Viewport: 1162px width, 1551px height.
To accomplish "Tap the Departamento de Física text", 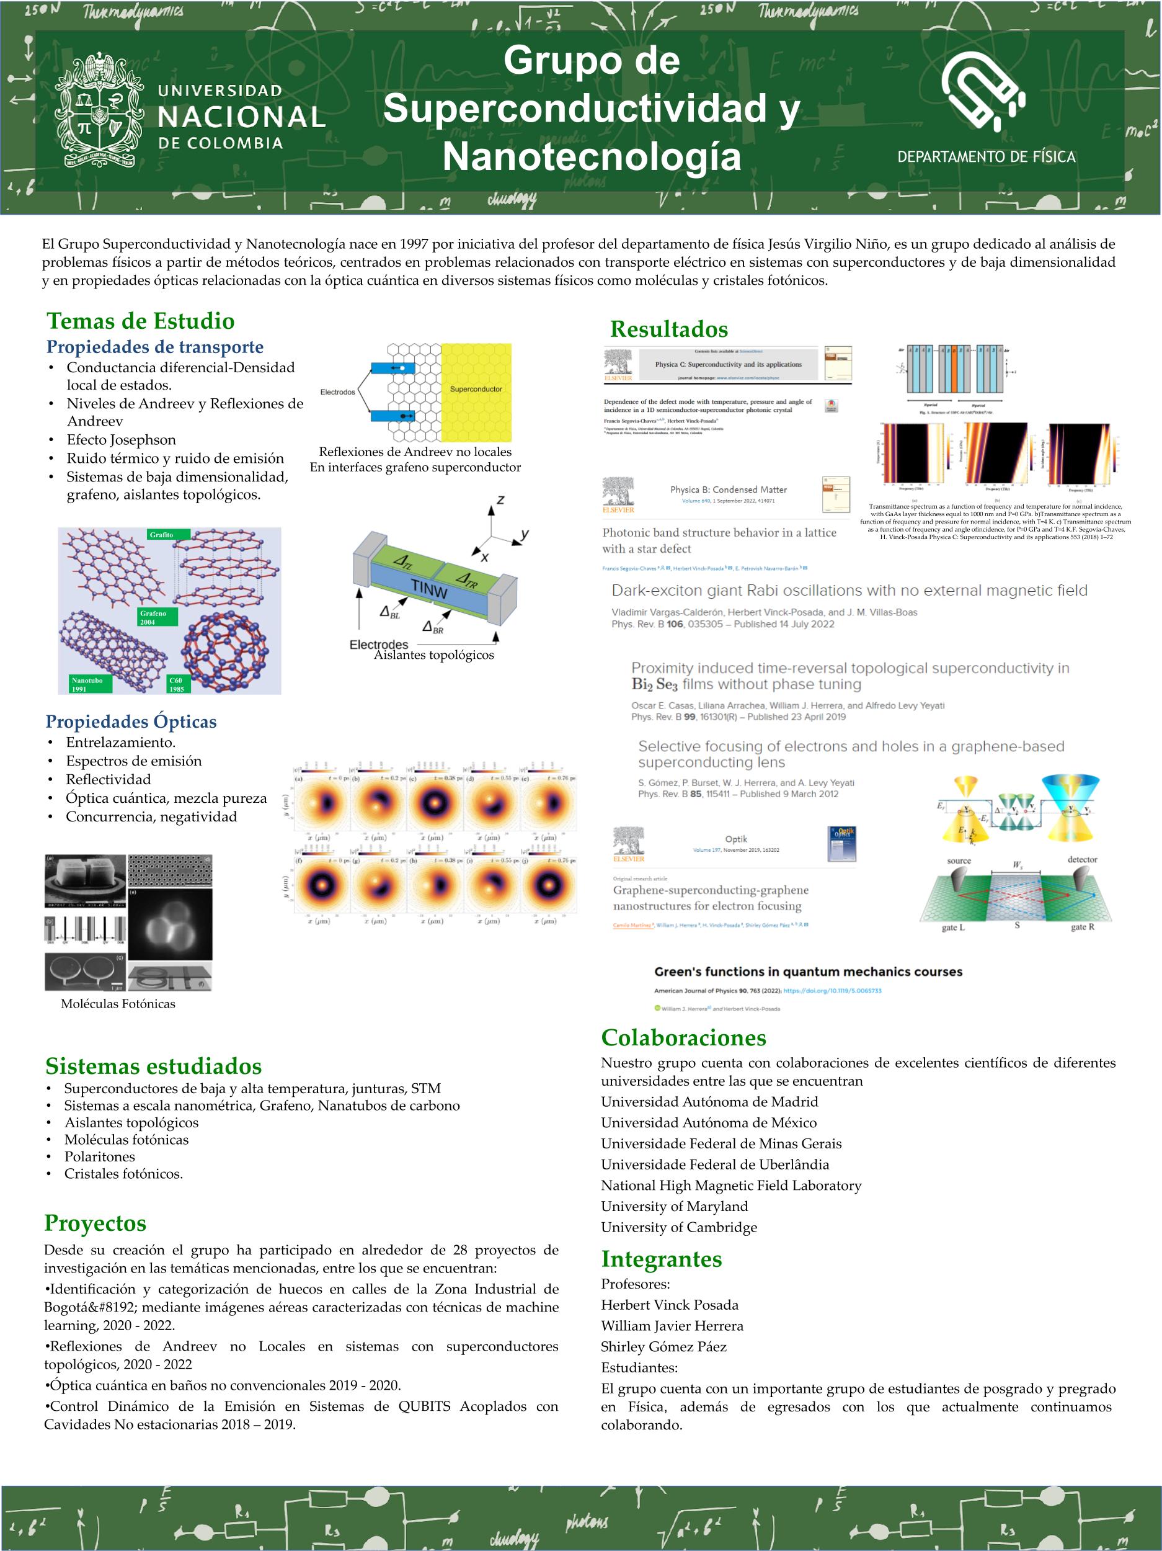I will (x=986, y=157).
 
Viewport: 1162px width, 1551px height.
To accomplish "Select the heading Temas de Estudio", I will (x=140, y=321).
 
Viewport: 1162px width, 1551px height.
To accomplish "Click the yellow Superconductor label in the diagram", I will (x=476, y=389).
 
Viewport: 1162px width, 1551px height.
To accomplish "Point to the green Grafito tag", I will (x=161, y=535).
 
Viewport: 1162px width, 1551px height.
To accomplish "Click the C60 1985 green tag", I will (x=178, y=684).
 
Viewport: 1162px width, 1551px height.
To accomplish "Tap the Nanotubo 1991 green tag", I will (x=90, y=684).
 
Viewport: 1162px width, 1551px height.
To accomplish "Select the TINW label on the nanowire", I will (x=428, y=588).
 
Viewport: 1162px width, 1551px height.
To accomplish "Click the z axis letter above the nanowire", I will (x=500, y=500).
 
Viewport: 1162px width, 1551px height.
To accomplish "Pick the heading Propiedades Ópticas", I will (x=131, y=722).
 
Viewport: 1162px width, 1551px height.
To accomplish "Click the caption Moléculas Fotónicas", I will (x=118, y=1003).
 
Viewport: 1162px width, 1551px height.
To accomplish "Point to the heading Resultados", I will (x=668, y=329).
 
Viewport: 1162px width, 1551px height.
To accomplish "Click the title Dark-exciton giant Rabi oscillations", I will (x=849, y=591).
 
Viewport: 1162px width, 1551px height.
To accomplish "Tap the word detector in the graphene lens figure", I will (x=1082, y=860).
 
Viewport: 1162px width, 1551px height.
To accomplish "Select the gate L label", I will (x=953, y=927).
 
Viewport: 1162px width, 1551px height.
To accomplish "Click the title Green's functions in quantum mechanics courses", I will (x=808, y=972).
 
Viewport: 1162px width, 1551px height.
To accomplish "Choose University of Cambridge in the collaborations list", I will (x=678, y=1227).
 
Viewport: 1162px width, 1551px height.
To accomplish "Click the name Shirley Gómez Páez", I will (x=663, y=1346).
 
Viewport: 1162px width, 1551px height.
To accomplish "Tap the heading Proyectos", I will (x=95, y=1223).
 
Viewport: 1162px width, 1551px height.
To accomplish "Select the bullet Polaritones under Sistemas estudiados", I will (x=99, y=1156).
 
